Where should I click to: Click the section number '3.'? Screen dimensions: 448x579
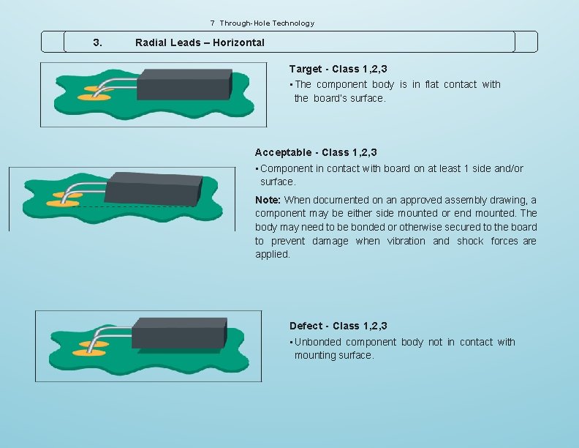click(x=99, y=42)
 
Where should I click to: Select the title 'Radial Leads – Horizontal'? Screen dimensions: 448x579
click(x=200, y=42)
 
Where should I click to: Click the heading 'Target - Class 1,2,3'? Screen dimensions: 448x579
click(x=338, y=69)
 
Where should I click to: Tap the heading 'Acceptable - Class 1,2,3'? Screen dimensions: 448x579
click(x=316, y=152)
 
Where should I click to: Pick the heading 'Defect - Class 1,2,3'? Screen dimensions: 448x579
click(x=338, y=326)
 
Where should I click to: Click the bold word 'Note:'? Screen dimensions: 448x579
click(x=268, y=200)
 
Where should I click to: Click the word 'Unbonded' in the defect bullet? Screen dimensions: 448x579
click(x=317, y=342)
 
